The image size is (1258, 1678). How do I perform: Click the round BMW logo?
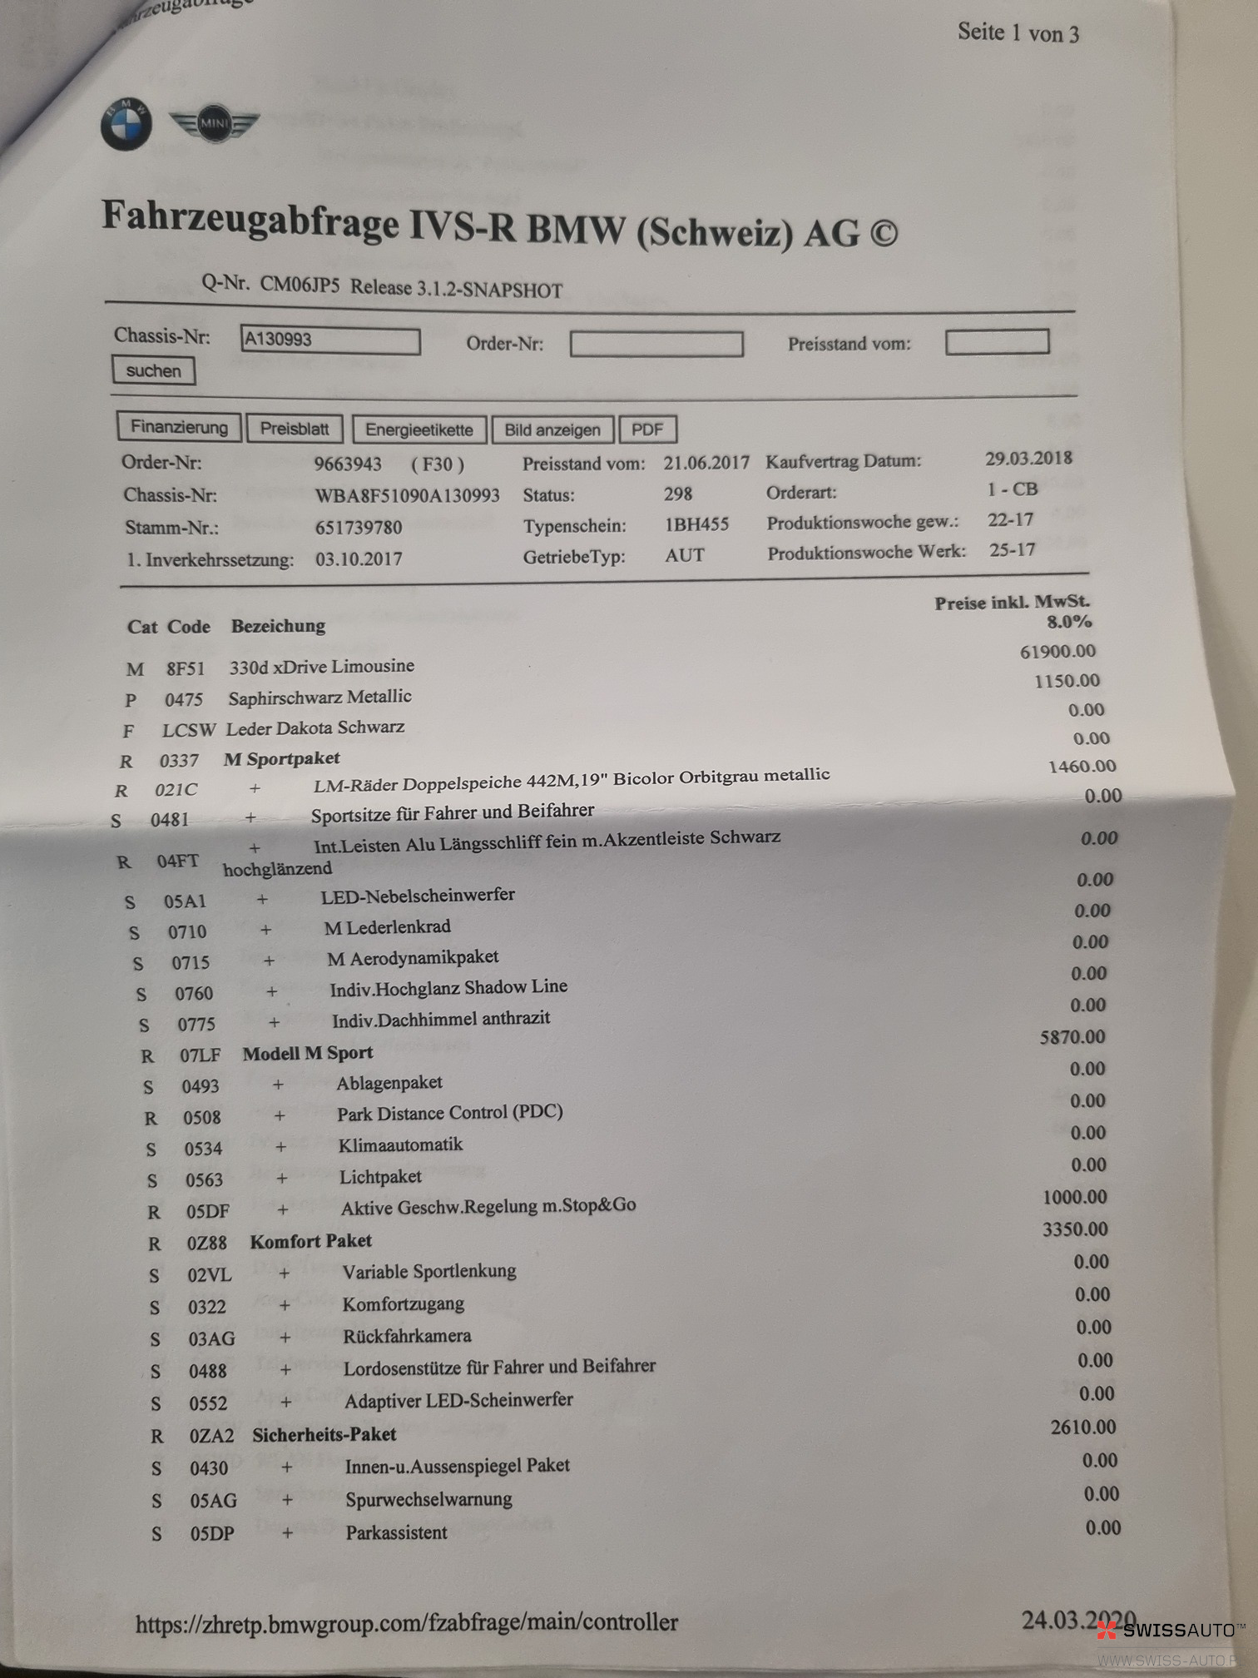click(126, 125)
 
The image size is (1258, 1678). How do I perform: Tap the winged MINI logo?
click(214, 124)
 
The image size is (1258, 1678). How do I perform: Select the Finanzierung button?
click(179, 427)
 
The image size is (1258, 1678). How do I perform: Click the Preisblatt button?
click(295, 429)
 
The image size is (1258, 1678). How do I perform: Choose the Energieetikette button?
click(419, 429)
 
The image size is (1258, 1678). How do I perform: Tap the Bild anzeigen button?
click(552, 429)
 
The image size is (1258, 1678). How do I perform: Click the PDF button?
click(647, 429)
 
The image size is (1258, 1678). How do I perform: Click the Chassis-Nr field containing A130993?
click(329, 340)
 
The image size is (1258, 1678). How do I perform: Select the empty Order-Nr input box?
click(656, 344)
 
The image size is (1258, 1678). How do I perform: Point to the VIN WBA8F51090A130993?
click(407, 495)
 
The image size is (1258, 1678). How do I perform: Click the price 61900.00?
click(1057, 651)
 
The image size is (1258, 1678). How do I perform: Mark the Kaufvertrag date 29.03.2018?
click(1028, 458)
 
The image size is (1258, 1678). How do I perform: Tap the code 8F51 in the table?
click(185, 668)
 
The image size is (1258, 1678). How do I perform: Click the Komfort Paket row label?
click(310, 1241)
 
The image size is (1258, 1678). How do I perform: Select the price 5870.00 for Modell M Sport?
click(1072, 1037)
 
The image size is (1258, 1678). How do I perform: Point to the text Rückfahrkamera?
click(407, 1336)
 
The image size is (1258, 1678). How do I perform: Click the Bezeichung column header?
click(278, 626)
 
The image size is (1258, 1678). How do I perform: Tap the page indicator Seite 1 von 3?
click(1018, 33)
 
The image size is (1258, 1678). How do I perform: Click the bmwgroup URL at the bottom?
click(407, 1622)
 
